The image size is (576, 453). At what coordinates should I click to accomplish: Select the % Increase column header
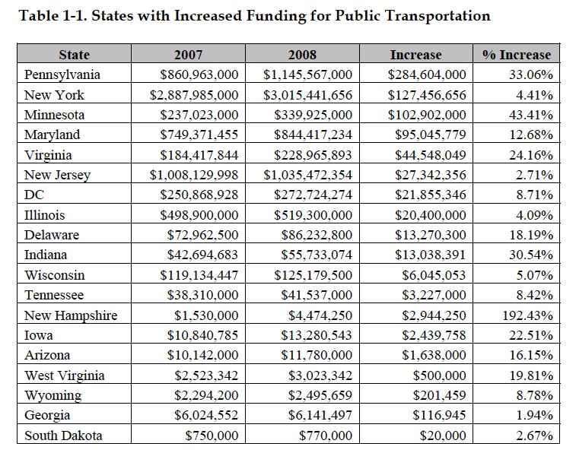point(517,55)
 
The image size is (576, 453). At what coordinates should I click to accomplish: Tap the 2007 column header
point(188,55)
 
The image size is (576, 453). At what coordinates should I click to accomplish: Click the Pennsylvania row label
point(62,74)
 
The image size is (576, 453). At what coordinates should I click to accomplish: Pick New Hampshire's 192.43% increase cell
point(527,315)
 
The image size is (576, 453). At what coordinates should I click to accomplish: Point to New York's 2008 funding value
point(307,95)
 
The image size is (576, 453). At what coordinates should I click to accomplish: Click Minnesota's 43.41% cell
point(531,115)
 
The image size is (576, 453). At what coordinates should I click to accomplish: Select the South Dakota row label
point(63,436)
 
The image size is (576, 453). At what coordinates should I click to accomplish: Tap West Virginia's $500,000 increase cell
point(439,375)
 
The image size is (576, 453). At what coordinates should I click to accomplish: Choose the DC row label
point(34,195)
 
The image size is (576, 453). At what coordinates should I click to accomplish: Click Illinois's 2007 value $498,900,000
point(199,215)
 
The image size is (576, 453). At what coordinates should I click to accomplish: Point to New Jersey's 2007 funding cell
point(194,175)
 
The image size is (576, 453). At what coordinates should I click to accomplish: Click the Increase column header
point(416,55)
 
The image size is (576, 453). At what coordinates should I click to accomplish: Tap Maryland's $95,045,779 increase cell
point(431,135)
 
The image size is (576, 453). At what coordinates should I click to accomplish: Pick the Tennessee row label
point(54,295)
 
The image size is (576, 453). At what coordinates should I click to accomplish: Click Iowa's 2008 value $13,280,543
point(317,335)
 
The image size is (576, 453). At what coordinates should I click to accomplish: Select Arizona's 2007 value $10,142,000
point(202,355)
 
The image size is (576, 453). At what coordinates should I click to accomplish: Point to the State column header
point(75,55)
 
